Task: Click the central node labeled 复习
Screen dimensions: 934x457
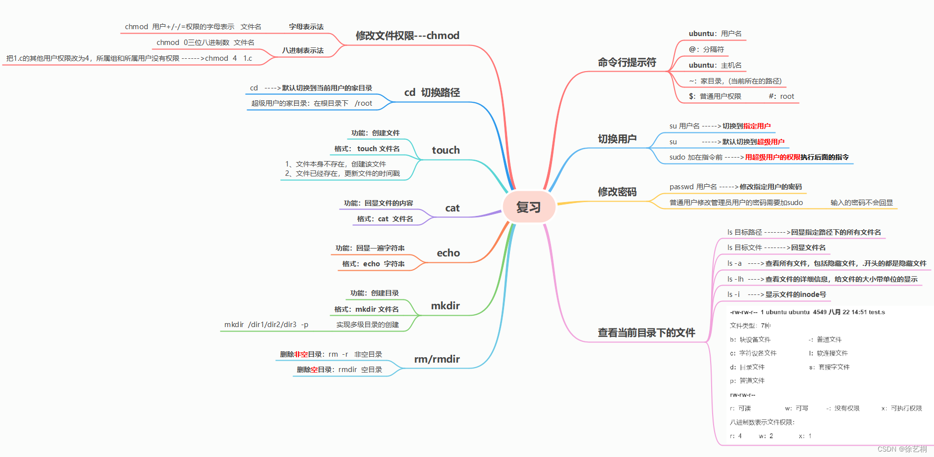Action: (x=529, y=207)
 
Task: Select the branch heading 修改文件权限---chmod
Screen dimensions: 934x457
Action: (x=407, y=36)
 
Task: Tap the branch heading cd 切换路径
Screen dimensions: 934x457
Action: (x=431, y=92)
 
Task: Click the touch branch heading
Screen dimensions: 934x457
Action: (x=445, y=150)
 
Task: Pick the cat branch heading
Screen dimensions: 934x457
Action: (x=452, y=208)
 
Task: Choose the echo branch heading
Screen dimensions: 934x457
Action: (x=448, y=253)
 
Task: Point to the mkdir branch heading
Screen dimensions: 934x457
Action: (x=445, y=306)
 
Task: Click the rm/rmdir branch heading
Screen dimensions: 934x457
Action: (x=437, y=359)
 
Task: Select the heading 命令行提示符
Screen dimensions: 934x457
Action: (x=627, y=62)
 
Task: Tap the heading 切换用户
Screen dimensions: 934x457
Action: (x=617, y=139)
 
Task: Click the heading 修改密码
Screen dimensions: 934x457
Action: (x=617, y=192)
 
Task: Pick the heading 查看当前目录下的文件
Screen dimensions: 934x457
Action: (x=646, y=332)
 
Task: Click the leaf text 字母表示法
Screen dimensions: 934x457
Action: (x=306, y=27)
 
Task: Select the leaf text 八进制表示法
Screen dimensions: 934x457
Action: (x=302, y=50)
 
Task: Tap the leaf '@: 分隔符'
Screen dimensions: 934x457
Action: (x=706, y=49)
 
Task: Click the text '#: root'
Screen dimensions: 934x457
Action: (x=781, y=96)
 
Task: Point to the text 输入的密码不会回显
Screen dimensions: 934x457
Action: (x=861, y=203)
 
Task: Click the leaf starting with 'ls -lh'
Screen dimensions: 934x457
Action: (x=822, y=279)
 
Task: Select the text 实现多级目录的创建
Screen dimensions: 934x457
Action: (x=367, y=325)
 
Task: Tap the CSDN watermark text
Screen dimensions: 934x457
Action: (x=902, y=449)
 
